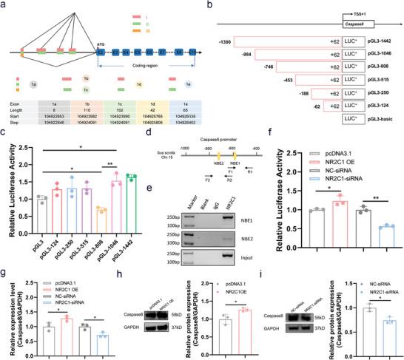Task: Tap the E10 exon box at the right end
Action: click(192, 53)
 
